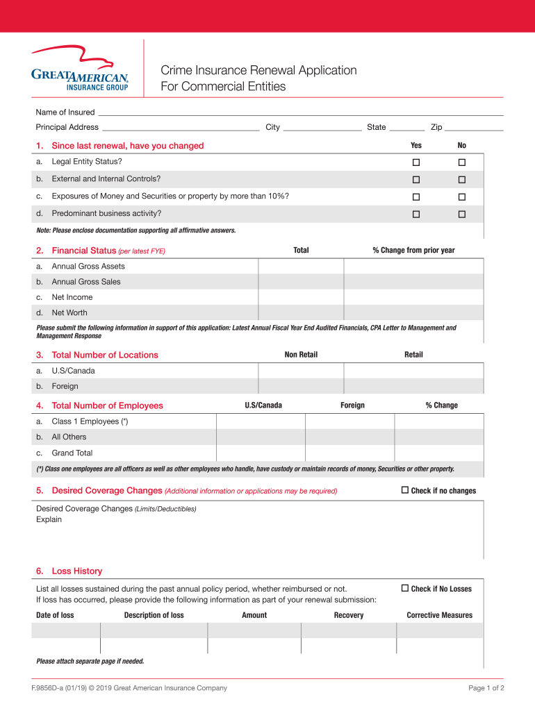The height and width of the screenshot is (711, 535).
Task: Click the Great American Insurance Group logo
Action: tap(79, 69)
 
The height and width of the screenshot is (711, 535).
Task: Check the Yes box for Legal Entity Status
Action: tap(416, 162)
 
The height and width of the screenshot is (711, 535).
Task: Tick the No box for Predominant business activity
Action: tap(461, 214)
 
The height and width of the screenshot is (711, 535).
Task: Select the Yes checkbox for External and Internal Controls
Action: tap(416, 179)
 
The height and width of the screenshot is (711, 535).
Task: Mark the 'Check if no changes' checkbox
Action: tap(405, 490)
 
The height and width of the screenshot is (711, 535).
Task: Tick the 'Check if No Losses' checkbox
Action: tap(405, 588)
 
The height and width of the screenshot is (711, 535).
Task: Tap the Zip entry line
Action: tap(473, 127)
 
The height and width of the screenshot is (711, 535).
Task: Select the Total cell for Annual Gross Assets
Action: tap(301, 267)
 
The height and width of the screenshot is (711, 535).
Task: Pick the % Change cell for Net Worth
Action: tap(413, 312)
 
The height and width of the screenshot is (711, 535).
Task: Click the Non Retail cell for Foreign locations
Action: tap(301, 386)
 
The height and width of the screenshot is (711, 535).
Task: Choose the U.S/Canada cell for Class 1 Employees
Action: tap(261, 421)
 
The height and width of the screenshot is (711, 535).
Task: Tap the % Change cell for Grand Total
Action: tap(439, 453)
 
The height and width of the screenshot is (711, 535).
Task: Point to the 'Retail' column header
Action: tap(413, 355)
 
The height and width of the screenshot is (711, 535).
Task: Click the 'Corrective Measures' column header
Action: tap(439, 615)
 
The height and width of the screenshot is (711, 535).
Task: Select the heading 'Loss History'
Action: tap(76, 571)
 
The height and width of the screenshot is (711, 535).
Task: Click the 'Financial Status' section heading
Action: tap(83, 251)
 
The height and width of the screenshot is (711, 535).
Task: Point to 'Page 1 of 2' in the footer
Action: tap(486, 688)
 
